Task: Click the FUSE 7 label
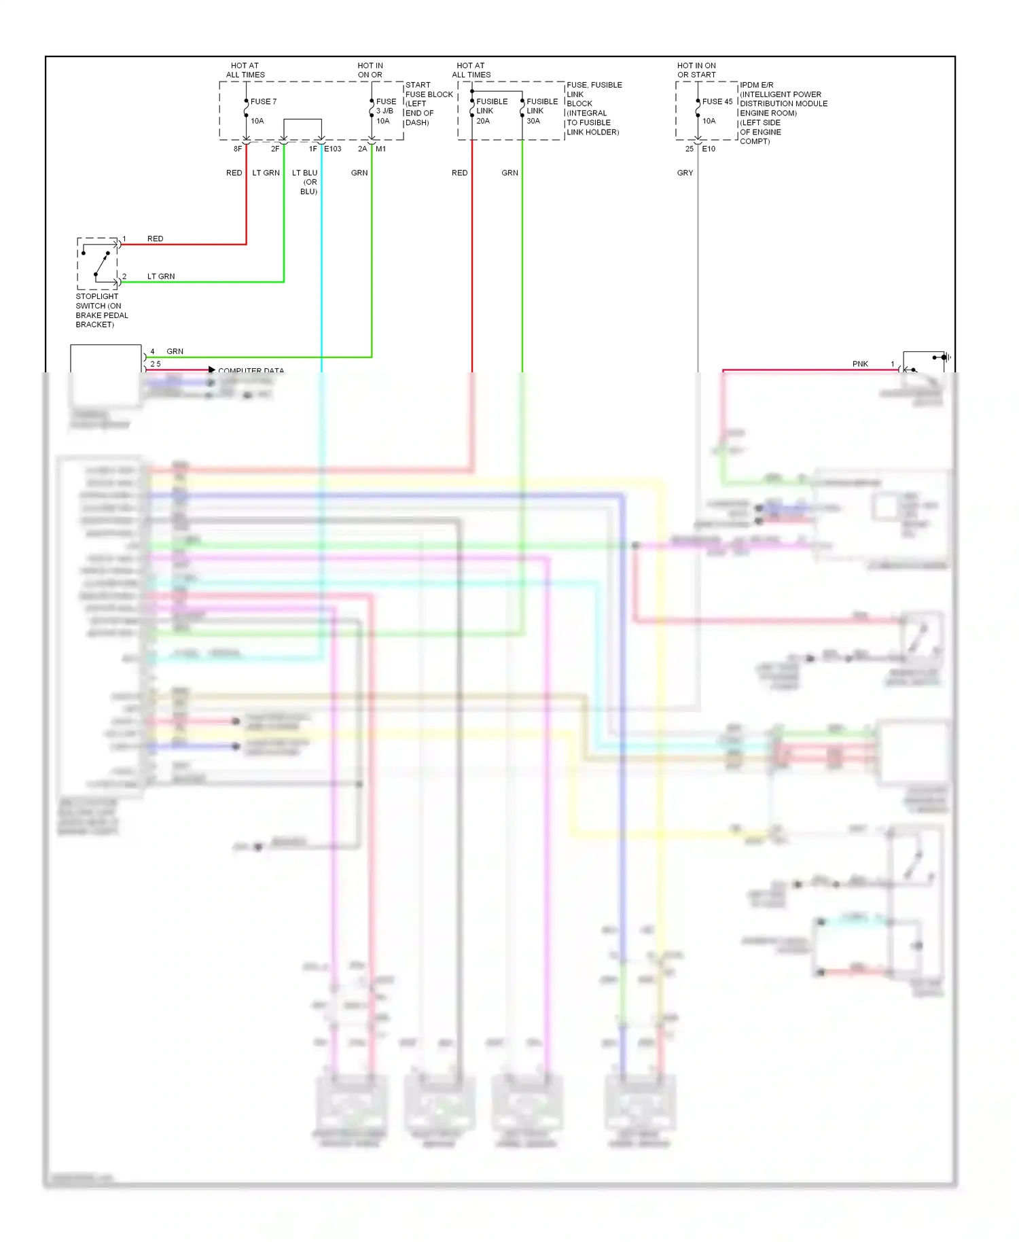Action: click(263, 102)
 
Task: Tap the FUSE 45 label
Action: click(717, 102)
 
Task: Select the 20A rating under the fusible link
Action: click(483, 121)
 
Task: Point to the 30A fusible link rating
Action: click(533, 121)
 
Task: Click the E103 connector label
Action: click(333, 149)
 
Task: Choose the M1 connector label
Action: click(380, 149)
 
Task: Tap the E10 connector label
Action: click(709, 149)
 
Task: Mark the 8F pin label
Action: click(238, 149)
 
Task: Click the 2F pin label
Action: click(275, 149)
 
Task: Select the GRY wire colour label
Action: click(685, 173)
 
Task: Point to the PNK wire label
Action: click(860, 364)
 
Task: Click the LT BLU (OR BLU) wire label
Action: click(306, 182)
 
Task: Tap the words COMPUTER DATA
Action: click(251, 370)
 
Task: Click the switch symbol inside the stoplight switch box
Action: click(100, 265)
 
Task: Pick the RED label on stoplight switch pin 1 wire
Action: click(155, 239)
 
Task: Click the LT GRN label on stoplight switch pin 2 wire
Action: click(161, 277)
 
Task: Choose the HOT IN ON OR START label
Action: click(696, 71)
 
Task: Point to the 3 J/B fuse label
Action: click(385, 111)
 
